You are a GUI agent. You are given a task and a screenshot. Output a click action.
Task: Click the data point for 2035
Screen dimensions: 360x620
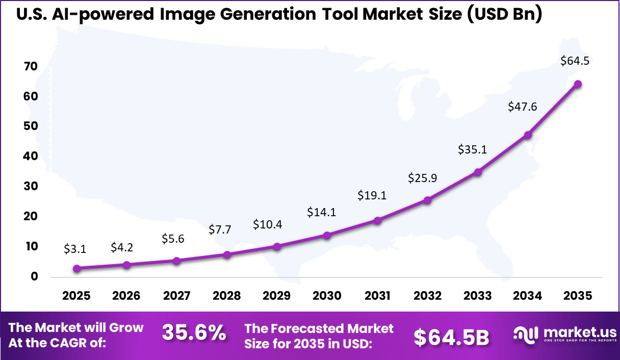[x=578, y=84]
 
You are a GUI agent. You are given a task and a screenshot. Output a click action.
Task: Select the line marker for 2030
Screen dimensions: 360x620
[x=327, y=235]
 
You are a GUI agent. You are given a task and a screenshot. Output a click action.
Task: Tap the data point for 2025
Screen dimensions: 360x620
[x=76, y=268]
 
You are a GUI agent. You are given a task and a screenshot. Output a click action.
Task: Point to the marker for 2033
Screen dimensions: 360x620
[x=478, y=172]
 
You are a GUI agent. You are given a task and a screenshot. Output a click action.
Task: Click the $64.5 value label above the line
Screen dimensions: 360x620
[x=575, y=61]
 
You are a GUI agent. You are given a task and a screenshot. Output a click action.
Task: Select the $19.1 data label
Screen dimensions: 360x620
[x=372, y=195]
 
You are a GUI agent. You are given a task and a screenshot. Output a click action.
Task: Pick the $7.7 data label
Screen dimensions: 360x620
[x=220, y=229]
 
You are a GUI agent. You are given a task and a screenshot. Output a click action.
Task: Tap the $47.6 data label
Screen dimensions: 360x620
[x=523, y=106]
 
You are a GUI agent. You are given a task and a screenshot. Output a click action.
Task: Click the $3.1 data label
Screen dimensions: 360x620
[x=75, y=249]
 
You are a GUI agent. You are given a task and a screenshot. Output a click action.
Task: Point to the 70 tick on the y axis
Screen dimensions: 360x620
[x=31, y=66]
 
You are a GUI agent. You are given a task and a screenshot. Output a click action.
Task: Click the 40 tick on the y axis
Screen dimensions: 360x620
[x=31, y=157]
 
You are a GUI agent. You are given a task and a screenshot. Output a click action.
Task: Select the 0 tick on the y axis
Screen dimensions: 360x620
[x=34, y=277]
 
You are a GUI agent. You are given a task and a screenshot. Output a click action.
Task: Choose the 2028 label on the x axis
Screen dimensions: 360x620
[x=227, y=296]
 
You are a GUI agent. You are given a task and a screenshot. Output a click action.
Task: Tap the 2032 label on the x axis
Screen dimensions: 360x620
[x=427, y=296]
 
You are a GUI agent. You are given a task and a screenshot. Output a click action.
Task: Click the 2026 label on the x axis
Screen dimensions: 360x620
[x=126, y=296]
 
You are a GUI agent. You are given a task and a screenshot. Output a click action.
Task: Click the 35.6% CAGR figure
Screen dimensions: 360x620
[x=194, y=333]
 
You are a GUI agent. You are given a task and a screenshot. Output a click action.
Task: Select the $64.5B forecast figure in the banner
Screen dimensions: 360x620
[x=451, y=337]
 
